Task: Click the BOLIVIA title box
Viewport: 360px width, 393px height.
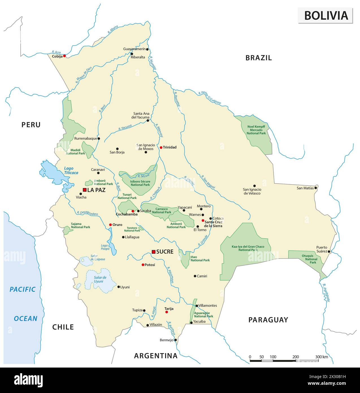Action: click(x=326, y=15)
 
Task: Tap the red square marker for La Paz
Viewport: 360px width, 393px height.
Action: click(x=84, y=190)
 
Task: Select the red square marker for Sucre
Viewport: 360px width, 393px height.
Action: click(x=153, y=252)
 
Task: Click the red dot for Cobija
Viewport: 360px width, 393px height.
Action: click(x=64, y=56)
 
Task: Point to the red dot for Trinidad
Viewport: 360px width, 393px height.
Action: click(x=161, y=147)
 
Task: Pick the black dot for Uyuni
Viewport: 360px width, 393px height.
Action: click(x=119, y=287)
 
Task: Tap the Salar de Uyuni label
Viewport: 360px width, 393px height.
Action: click(x=99, y=279)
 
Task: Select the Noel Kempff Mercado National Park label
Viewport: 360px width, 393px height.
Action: click(x=256, y=129)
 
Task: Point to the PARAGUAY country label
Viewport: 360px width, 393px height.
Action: click(x=268, y=320)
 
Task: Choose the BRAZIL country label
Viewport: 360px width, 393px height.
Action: click(x=259, y=58)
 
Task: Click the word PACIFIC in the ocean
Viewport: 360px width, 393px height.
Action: click(x=23, y=289)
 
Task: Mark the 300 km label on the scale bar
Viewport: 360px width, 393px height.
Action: click(x=322, y=357)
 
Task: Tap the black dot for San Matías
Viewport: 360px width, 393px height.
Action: click(x=316, y=187)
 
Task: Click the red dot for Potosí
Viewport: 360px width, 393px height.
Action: click(x=143, y=265)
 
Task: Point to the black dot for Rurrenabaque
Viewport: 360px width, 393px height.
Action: click(x=99, y=139)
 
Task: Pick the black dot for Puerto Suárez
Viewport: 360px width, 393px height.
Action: click(x=329, y=251)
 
